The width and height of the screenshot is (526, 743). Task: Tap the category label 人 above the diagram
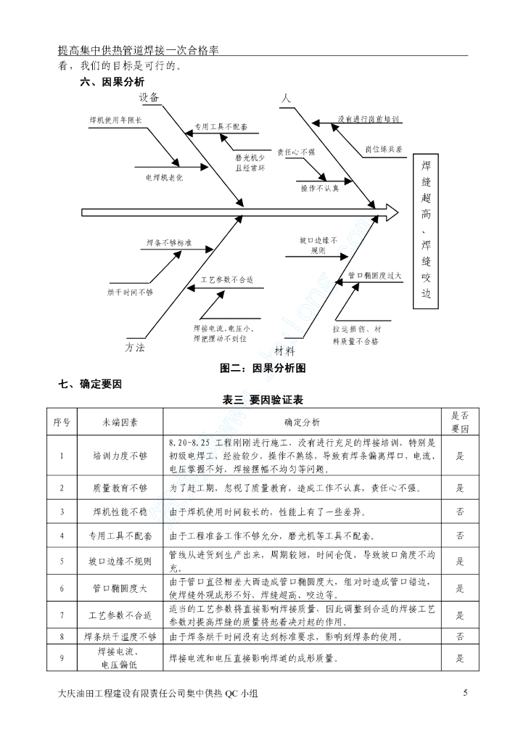pyautogui.click(x=285, y=97)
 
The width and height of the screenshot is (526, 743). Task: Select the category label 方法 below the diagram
pyautogui.click(x=135, y=348)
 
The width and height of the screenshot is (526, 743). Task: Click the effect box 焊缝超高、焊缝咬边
pyautogui.click(x=427, y=231)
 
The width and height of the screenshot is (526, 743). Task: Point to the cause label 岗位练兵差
pyautogui.click(x=385, y=149)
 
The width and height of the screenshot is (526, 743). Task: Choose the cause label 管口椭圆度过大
pyautogui.click(x=374, y=276)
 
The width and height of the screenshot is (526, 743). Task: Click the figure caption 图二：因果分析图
pyautogui.click(x=263, y=369)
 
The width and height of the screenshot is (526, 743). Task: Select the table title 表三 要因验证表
pyautogui.click(x=263, y=400)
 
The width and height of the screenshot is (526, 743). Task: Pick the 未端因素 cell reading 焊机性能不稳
pyautogui.click(x=120, y=512)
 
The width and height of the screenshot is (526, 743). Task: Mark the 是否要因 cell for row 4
pyautogui.click(x=460, y=536)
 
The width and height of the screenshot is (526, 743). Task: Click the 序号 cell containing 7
pyautogui.click(x=62, y=615)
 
